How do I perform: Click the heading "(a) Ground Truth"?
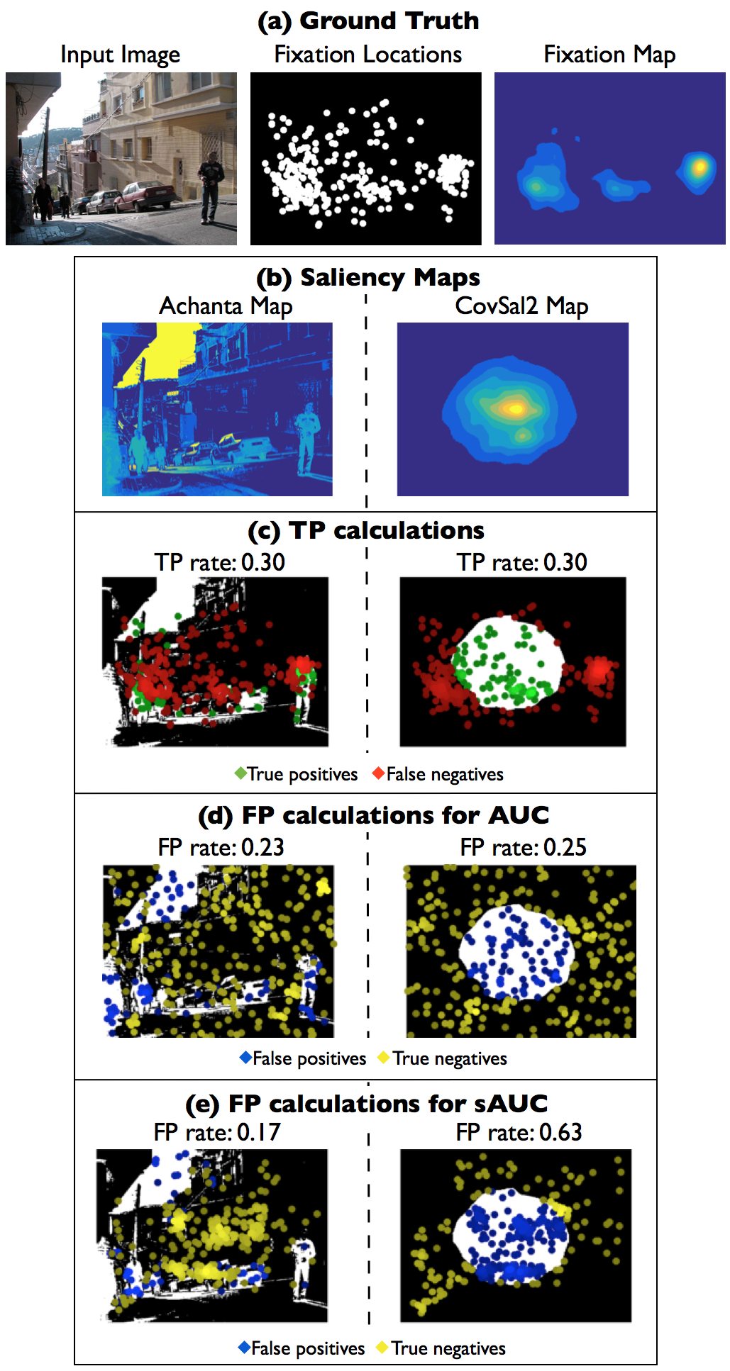point(368,21)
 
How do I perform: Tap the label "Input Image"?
point(120,55)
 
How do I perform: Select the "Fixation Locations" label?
point(367,55)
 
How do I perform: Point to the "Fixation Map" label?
point(609,55)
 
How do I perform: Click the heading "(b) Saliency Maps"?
point(368,277)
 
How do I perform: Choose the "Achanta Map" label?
point(226,306)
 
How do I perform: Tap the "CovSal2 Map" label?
point(521,306)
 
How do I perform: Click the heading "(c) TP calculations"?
point(366,530)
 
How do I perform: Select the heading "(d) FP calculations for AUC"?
point(373,815)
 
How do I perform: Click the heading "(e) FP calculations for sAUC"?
point(366,1104)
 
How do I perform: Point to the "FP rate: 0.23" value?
point(221,847)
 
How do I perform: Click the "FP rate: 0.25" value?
point(524,847)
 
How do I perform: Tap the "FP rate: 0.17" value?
point(217,1132)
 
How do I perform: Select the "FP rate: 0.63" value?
point(519,1132)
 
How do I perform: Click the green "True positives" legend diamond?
point(240,773)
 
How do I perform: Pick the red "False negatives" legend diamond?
point(379,773)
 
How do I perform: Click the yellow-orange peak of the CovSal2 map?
point(514,408)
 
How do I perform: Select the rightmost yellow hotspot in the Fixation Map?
point(699,167)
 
